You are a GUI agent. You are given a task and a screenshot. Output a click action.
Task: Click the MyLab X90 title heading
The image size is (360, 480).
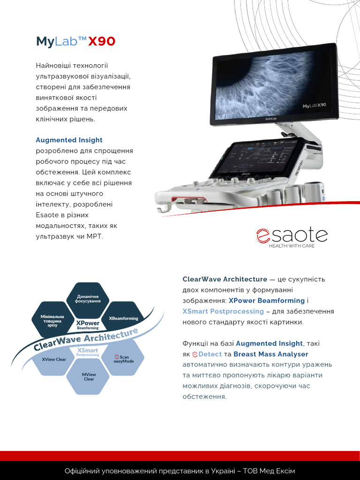(x=75, y=42)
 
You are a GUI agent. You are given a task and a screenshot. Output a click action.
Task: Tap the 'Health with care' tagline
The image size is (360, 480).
(x=291, y=246)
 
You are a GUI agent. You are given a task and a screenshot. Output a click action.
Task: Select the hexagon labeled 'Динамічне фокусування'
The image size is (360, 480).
(x=89, y=299)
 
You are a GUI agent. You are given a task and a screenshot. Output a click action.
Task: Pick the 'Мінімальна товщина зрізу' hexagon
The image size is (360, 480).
(x=52, y=321)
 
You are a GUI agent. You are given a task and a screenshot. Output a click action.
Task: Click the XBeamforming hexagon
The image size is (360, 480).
(x=123, y=318)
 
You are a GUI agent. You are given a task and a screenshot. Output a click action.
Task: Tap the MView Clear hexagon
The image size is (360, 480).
(x=89, y=376)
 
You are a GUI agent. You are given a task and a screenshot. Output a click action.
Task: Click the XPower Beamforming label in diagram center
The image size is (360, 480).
(x=88, y=325)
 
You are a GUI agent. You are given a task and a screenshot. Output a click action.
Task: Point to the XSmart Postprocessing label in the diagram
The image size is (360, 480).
(x=88, y=352)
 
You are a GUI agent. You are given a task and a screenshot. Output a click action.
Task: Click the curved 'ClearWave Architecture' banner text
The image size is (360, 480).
(x=87, y=339)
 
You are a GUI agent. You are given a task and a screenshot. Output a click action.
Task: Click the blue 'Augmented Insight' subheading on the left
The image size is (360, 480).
(x=69, y=140)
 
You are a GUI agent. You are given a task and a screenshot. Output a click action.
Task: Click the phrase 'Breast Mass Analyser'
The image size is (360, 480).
(x=271, y=354)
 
